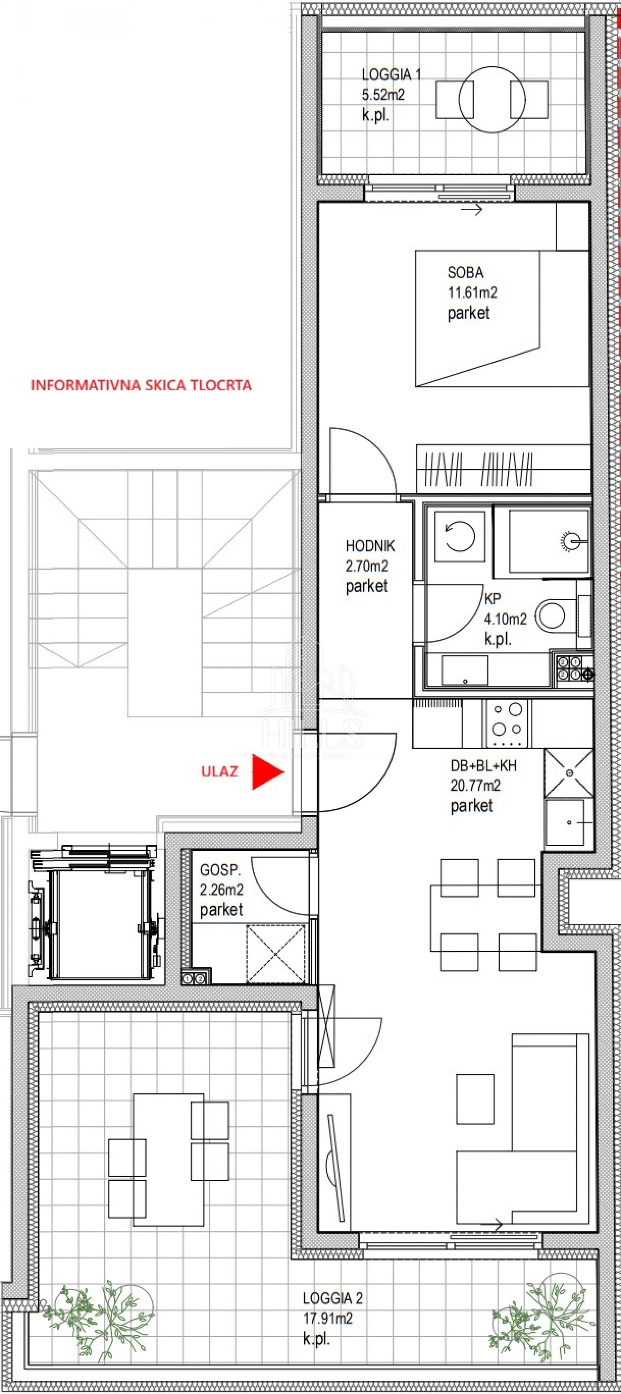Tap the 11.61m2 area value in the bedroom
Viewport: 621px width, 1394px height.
(x=472, y=293)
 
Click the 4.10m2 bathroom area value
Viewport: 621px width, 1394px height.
(x=506, y=619)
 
